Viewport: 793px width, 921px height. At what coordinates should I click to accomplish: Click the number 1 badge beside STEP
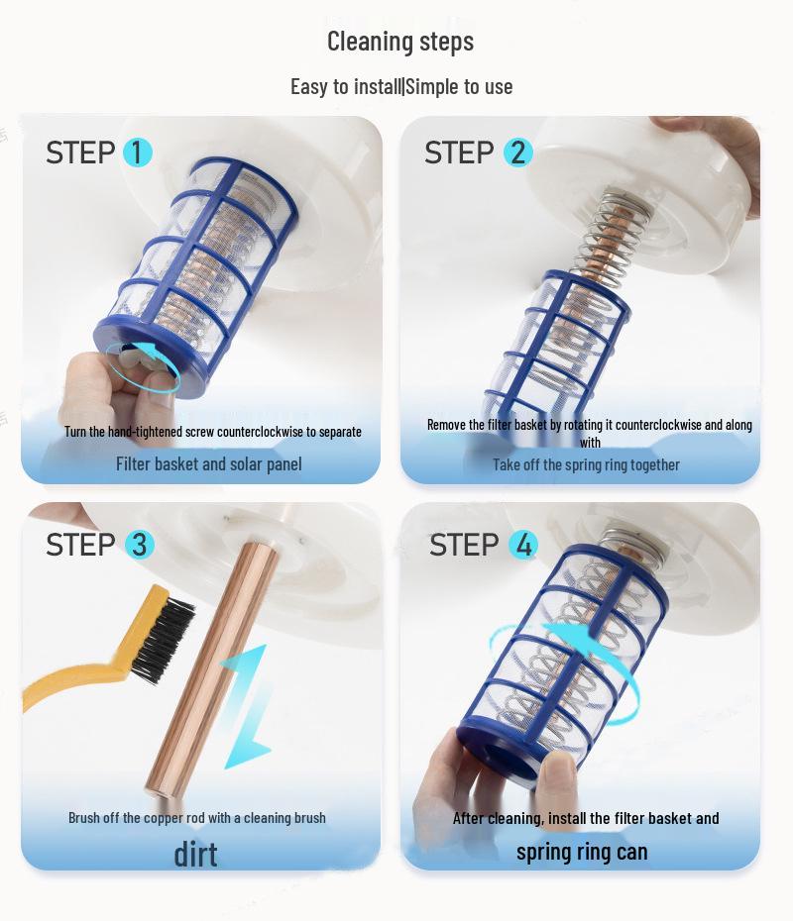click(137, 153)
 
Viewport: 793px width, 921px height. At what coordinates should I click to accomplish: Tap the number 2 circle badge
click(517, 153)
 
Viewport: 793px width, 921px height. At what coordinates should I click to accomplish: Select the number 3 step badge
click(140, 544)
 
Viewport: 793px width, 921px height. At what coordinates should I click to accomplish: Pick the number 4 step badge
click(523, 544)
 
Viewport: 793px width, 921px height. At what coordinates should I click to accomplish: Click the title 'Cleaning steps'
click(400, 42)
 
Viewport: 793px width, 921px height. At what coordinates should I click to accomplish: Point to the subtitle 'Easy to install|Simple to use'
click(401, 87)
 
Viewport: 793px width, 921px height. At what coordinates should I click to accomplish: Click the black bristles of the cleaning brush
click(164, 639)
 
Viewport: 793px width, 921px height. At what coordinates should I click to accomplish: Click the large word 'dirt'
click(195, 855)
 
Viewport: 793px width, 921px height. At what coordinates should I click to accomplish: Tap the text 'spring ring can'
click(582, 852)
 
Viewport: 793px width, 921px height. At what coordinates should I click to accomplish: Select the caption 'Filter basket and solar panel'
click(209, 464)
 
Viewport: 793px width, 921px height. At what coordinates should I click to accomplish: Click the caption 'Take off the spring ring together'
click(586, 464)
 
